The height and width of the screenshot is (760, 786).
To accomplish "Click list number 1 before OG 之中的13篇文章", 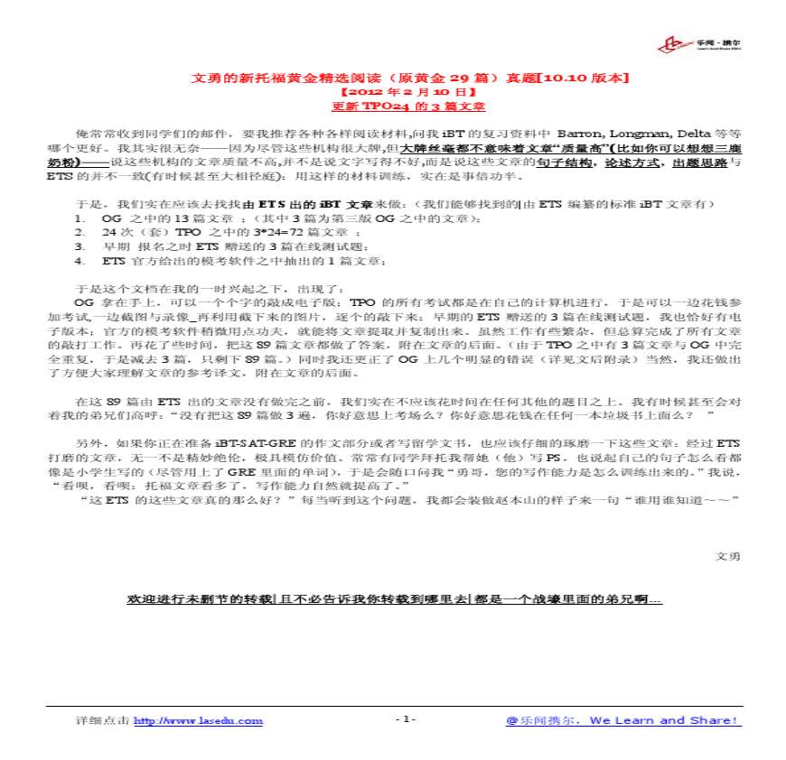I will [x=80, y=218].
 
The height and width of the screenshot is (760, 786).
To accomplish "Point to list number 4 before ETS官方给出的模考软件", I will [x=80, y=261].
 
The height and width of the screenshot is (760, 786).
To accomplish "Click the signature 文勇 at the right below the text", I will [x=728, y=556].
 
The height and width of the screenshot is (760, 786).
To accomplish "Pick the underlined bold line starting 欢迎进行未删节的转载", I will [x=395, y=598].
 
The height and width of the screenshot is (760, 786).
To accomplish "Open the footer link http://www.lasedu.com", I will [x=199, y=720].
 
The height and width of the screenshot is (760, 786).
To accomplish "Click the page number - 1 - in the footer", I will [x=406, y=719].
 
